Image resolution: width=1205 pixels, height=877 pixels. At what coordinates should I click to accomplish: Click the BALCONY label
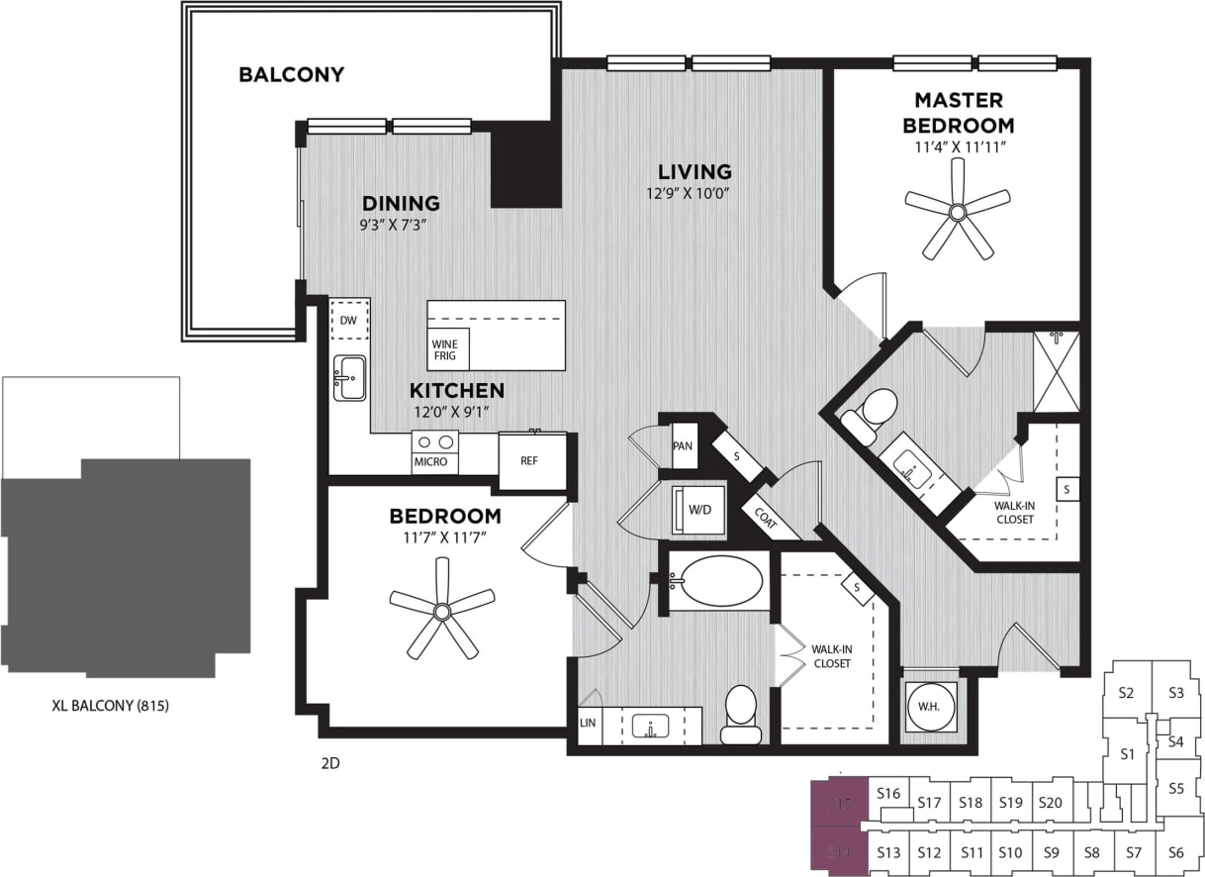tap(291, 74)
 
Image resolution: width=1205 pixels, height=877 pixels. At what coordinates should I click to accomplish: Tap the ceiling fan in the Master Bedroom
tap(957, 211)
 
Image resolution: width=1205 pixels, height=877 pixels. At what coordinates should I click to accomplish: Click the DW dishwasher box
tap(348, 321)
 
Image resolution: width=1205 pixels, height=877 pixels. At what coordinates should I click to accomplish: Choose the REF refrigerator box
tap(531, 460)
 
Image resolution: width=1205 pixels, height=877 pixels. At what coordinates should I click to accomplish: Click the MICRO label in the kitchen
tap(430, 462)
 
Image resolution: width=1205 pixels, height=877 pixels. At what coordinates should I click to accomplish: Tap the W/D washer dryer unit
tap(698, 511)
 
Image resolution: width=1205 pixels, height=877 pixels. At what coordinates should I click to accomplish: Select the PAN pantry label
tap(683, 445)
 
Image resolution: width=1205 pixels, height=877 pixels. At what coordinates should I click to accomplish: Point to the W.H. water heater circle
tap(929, 705)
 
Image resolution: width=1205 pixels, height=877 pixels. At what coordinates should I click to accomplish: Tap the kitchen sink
tap(348, 378)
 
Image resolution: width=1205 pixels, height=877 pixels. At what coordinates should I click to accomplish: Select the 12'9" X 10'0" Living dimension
tap(695, 194)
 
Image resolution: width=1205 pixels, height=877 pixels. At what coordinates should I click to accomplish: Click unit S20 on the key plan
tap(1051, 803)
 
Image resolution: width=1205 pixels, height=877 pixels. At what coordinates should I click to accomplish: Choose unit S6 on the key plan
tap(1176, 852)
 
